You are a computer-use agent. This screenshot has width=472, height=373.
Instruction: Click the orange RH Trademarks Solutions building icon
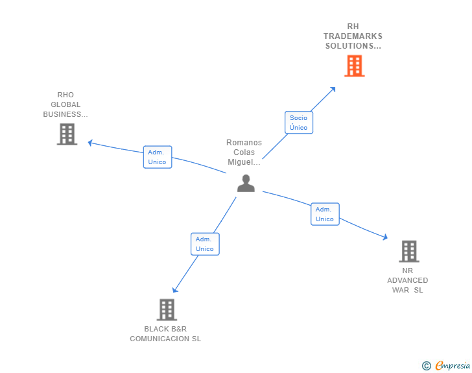point(354,66)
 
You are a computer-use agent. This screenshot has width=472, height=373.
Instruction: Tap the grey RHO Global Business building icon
point(67,134)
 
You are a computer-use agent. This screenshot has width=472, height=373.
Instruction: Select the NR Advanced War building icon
point(408,251)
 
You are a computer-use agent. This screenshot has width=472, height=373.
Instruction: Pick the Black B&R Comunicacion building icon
point(167,309)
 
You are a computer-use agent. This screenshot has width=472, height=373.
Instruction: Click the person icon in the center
point(246,184)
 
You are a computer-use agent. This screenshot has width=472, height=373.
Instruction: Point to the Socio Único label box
point(299,123)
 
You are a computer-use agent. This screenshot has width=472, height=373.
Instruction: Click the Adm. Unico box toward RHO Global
point(158,157)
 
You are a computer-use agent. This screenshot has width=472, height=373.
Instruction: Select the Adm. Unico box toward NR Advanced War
point(325,214)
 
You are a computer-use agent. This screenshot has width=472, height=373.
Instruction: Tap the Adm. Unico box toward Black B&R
point(205,244)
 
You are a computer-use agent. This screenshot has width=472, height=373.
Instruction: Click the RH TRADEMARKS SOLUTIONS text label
point(353,36)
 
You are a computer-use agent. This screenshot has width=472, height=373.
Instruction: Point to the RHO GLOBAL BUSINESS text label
point(65,104)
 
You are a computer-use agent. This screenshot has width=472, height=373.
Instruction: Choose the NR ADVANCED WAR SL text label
point(408,280)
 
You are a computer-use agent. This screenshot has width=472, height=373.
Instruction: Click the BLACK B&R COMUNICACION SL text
point(165,333)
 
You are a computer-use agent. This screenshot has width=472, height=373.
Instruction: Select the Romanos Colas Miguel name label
point(244,152)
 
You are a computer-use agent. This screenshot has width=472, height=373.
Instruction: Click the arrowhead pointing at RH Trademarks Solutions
point(333,89)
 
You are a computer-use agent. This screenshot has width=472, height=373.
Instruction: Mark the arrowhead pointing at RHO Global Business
point(91,142)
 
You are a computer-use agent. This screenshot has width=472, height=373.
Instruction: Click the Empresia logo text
point(453,366)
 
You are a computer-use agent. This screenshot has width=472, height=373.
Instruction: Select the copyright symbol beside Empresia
point(427,366)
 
